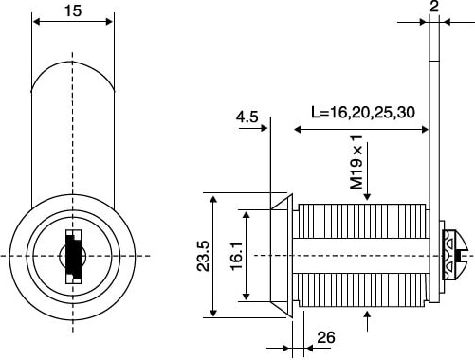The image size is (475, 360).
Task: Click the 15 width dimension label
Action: pyautogui.click(x=73, y=10)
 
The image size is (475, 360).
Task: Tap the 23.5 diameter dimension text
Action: pyautogui.click(x=203, y=256)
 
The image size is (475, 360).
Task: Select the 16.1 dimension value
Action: pyautogui.click(x=236, y=256)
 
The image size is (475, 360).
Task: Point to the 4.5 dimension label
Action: pyautogui.click(x=247, y=117)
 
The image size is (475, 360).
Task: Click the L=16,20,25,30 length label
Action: pyautogui.click(x=363, y=113)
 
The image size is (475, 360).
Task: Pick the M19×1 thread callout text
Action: pyautogui.click(x=356, y=162)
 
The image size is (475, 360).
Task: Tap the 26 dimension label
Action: pyautogui.click(x=326, y=337)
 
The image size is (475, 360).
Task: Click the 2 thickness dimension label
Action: pyautogui.click(x=434, y=7)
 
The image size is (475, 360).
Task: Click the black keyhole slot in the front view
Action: pyautogui.click(x=73, y=256)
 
